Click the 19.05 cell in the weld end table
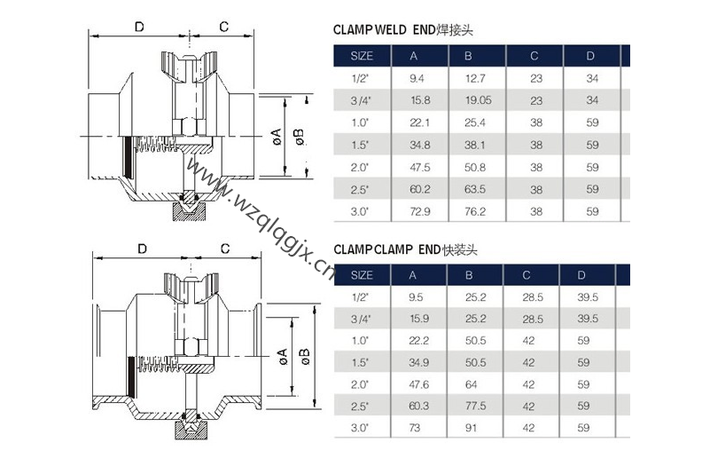[x=480, y=100]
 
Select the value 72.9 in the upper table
[x=420, y=211]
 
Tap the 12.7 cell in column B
[x=476, y=78]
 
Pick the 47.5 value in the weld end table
[x=420, y=167]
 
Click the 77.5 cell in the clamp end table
[x=477, y=407]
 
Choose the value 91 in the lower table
[x=473, y=429]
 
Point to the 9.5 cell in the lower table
[x=417, y=296]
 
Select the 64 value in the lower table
[x=473, y=384]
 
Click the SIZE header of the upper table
[x=363, y=55]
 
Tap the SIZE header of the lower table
[x=363, y=274]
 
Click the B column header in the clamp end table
[x=470, y=274]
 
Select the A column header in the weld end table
[x=414, y=55]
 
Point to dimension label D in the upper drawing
[x=139, y=27]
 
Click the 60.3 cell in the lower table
[x=420, y=407]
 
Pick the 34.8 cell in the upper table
[x=420, y=145]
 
